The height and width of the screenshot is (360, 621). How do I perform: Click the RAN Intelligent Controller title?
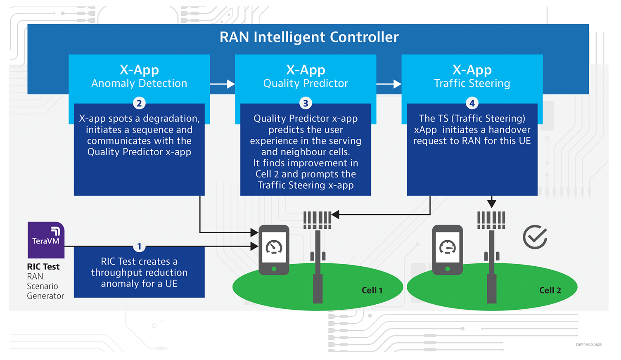(309, 37)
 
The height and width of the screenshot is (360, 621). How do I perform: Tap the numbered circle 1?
(139, 246)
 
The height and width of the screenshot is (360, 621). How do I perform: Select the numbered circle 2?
(139, 103)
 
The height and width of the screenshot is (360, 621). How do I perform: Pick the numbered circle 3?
(306, 103)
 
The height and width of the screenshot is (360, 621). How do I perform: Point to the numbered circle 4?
(472, 103)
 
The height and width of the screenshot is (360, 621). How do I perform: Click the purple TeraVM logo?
(46, 240)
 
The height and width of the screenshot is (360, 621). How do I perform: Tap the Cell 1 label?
(372, 290)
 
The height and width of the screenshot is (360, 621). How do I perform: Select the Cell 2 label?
(550, 290)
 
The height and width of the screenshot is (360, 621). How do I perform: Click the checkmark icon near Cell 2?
(535, 237)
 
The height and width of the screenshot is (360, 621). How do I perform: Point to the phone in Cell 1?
(274, 250)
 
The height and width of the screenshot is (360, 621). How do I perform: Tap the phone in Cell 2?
(448, 250)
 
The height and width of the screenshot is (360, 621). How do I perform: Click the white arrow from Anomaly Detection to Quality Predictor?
(222, 84)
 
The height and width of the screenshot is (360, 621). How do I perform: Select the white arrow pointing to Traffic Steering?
(389, 84)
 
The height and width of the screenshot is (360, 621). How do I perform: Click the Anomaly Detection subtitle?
(139, 83)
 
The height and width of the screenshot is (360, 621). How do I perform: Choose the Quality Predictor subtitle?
(306, 83)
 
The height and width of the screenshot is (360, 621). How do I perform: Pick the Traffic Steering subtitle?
(472, 83)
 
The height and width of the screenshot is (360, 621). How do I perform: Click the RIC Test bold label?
(43, 267)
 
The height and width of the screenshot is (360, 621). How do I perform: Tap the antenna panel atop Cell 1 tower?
(318, 220)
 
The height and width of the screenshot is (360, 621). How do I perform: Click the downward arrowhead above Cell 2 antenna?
(491, 204)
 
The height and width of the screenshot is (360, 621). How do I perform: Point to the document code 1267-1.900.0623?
(588, 345)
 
